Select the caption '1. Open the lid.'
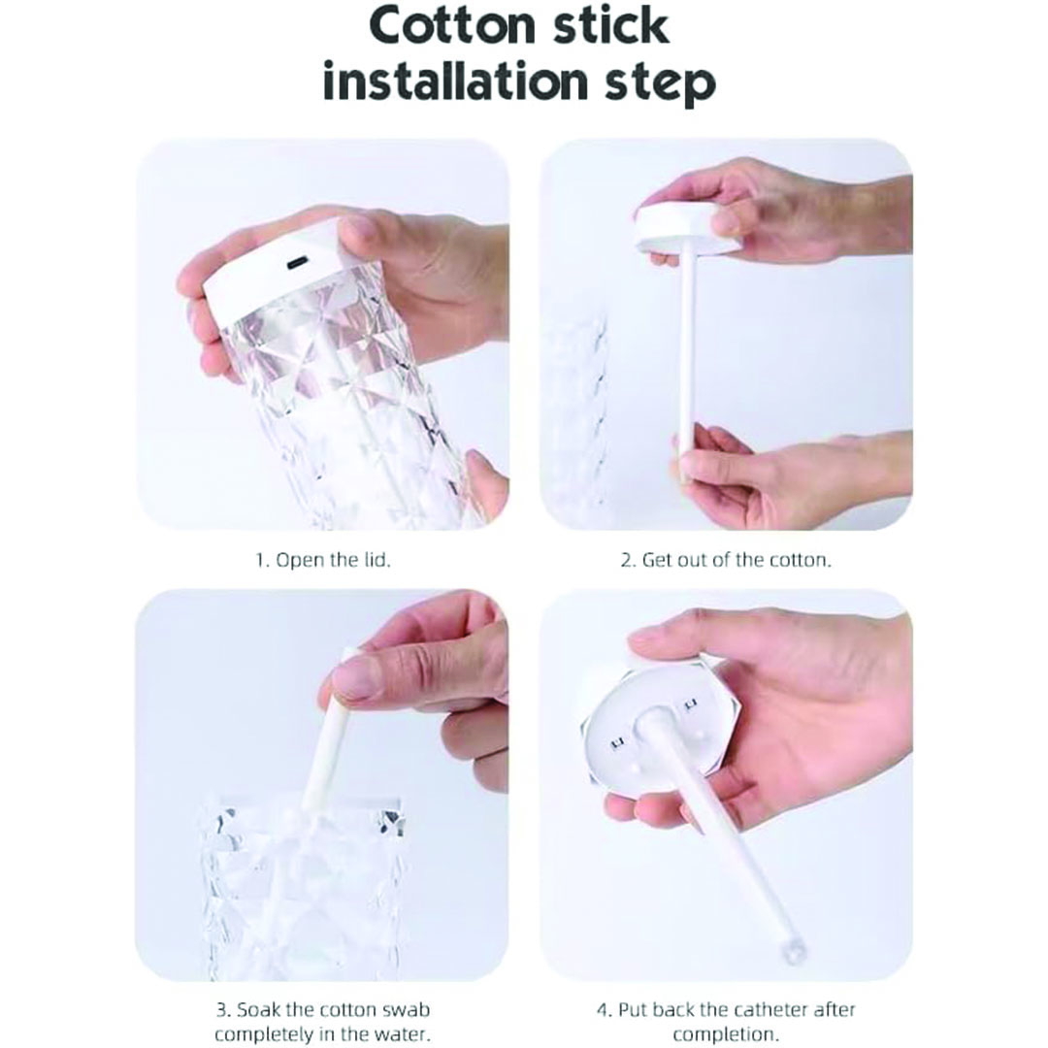pos(323,560)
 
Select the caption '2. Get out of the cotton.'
pos(725,560)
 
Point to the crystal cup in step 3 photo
pos(304,886)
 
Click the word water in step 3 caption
pos(403,1034)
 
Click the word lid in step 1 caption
pos(377,560)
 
